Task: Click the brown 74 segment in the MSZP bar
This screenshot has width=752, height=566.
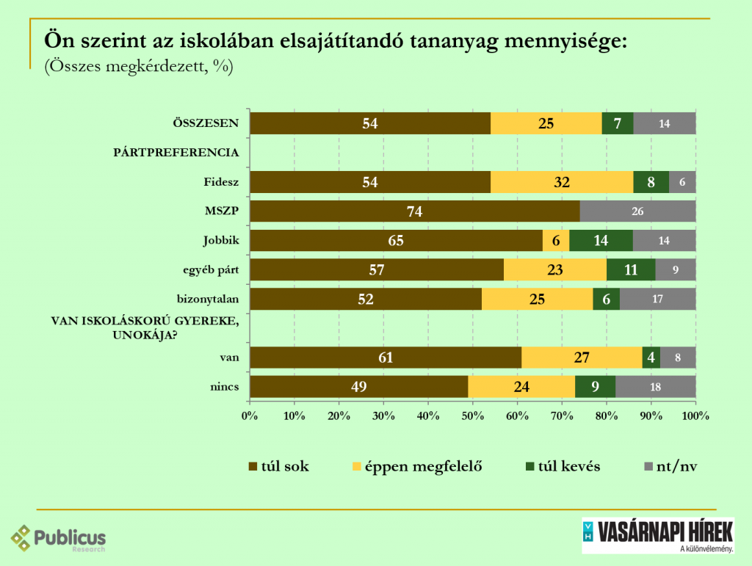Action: [x=415, y=211]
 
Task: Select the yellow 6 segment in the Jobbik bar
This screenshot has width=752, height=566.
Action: [x=556, y=241]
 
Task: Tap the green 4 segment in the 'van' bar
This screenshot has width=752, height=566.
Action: [x=651, y=358]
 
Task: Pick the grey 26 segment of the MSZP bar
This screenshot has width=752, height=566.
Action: [x=637, y=211]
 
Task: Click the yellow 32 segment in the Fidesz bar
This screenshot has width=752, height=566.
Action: [x=562, y=182]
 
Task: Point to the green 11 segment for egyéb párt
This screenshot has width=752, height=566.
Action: [x=631, y=270]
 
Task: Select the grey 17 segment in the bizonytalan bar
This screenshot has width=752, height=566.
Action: [x=657, y=299]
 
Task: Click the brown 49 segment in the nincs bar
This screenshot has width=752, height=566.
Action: [x=359, y=387]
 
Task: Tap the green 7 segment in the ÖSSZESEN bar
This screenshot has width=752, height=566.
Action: [x=618, y=123]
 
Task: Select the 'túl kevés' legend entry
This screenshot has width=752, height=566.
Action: [x=562, y=466]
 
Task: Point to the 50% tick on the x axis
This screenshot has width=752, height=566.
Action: [x=473, y=416]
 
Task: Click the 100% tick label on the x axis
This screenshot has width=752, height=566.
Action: [x=695, y=416]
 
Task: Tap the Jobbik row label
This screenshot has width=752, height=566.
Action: [x=222, y=241]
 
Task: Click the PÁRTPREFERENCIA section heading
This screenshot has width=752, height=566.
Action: [x=176, y=153]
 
